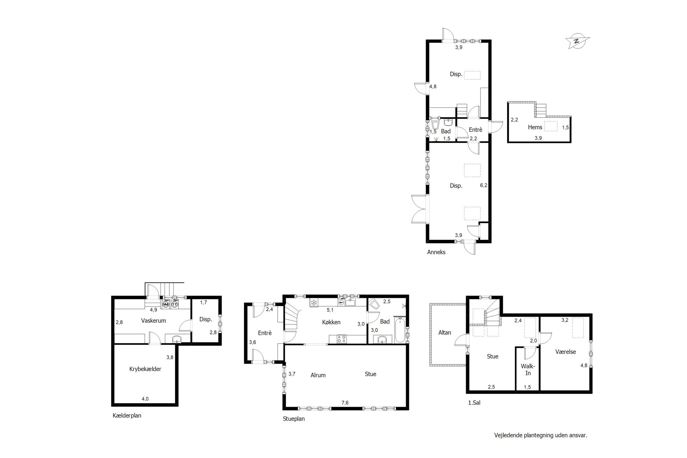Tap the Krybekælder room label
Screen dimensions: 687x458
(145, 369)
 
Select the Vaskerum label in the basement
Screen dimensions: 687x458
(154, 321)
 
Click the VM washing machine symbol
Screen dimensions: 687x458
(166, 304)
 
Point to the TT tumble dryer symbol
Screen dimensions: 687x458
(174, 304)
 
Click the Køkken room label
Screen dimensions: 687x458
(331, 322)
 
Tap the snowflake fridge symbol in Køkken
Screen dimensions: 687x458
(314, 303)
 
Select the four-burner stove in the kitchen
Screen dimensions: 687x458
(341, 339)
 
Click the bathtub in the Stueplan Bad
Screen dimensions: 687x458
(399, 330)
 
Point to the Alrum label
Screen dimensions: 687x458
(318, 375)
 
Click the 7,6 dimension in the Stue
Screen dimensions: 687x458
(345, 403)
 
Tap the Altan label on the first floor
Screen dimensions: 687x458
(444, 333)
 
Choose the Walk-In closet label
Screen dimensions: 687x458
(528, 370)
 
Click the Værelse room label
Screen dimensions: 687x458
(566, 352)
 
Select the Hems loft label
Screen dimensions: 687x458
(535, 127)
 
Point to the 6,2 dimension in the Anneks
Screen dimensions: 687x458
(484, 185)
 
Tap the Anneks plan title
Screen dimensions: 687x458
(436, 252)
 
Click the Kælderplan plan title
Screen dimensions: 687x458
(127, 415)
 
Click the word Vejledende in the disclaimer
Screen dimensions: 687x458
(508, 435)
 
